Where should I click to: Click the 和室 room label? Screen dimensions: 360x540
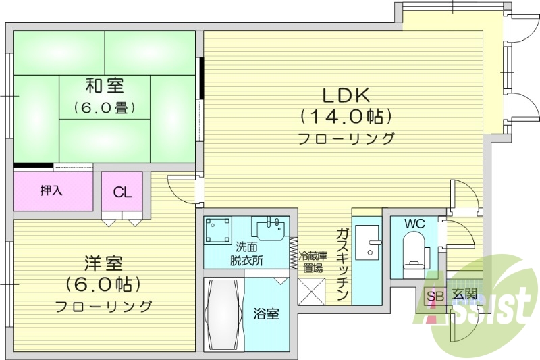pos(104,86)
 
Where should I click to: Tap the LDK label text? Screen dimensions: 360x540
pos(346,94)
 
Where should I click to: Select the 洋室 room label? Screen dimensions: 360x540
pos(104,261)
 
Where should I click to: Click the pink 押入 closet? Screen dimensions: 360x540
pos(52,190)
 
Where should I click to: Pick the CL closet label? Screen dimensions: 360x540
pos(122,192)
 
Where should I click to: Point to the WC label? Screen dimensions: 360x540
pos(414,224)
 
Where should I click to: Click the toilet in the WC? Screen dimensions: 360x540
pos(412,251)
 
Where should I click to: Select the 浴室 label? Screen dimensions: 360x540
pos(266,314)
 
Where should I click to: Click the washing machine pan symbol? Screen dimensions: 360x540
pos(219,230)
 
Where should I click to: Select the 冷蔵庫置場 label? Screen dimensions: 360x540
pos(313,262)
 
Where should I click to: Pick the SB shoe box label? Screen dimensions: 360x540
pos(434,295)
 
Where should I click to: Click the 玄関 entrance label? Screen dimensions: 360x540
pos(464,294)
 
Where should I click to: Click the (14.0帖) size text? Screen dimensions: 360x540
pos(346,116)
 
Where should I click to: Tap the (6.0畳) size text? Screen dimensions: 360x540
pos(104,107)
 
